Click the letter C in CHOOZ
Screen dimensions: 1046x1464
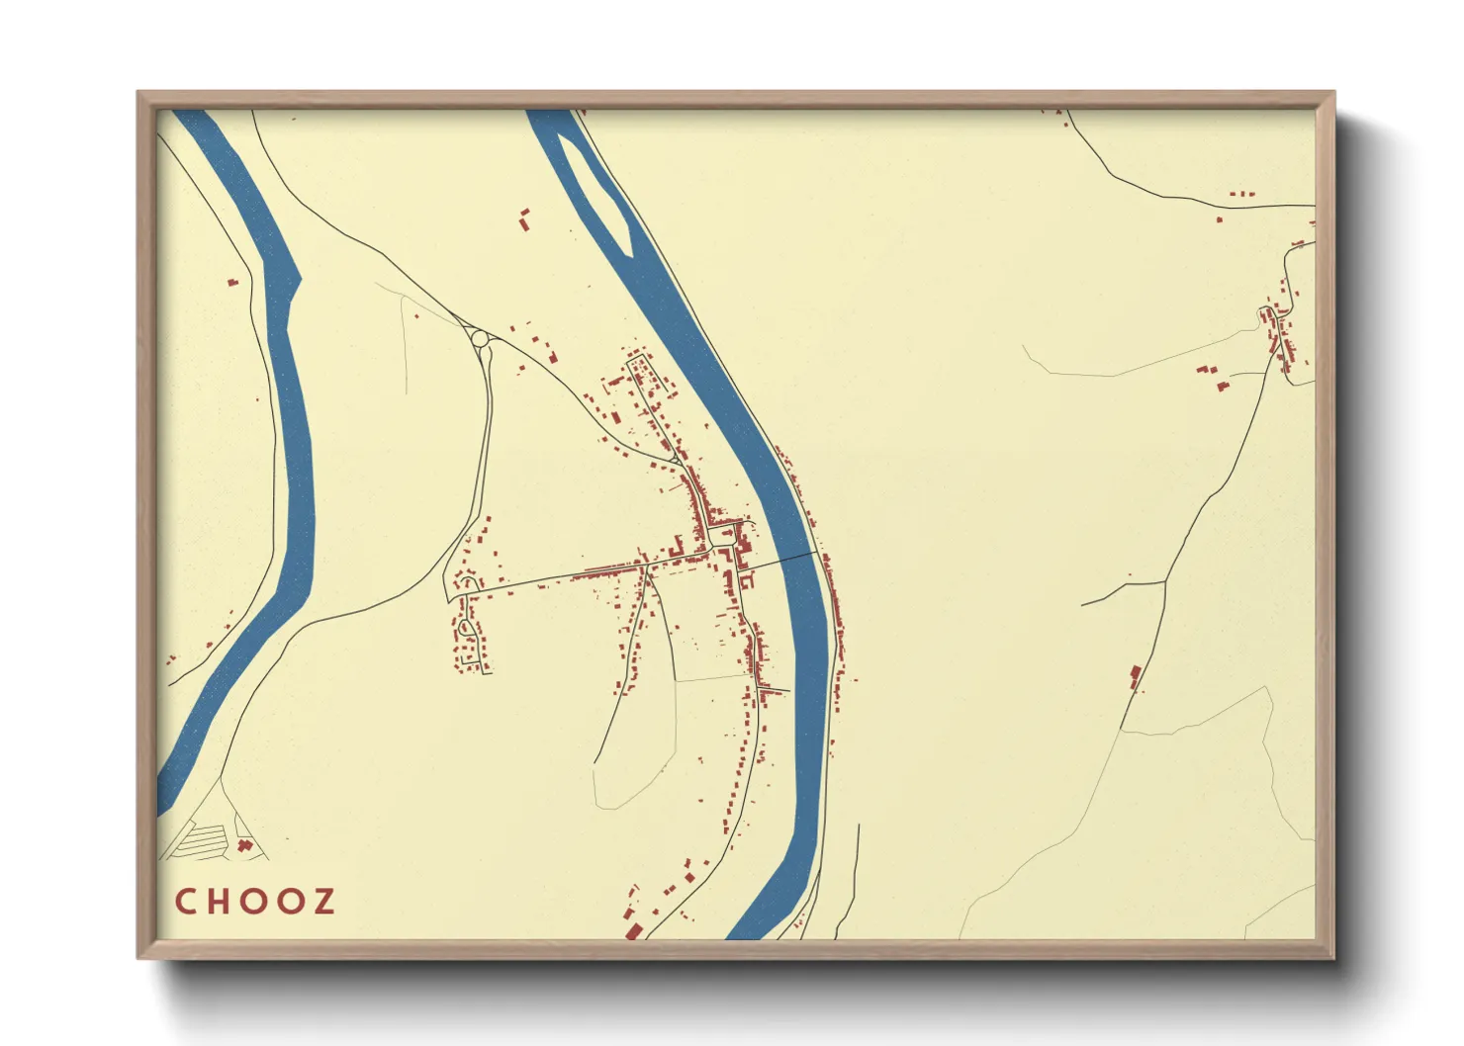185,902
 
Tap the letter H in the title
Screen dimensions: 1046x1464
218,902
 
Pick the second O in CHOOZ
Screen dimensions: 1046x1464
289,902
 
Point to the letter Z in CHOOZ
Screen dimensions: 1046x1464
322,902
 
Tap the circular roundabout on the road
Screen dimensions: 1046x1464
481,339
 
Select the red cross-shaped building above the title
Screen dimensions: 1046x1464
244,845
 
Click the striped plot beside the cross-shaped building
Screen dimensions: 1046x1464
203,842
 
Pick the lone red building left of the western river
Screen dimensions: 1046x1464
232,283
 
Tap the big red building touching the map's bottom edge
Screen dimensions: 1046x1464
633,930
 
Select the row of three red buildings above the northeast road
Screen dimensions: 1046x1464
1242,194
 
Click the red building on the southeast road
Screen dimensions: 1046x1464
1136,676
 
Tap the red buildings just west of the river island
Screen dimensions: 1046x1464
524,218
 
